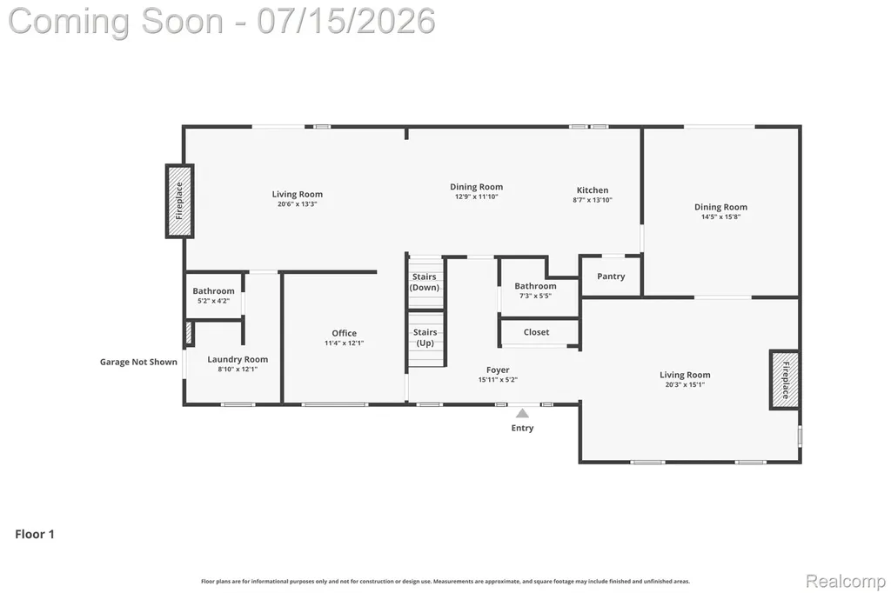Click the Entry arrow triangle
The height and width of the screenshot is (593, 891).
522,413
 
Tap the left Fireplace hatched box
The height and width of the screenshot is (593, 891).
179,201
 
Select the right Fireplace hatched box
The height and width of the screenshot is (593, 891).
785,379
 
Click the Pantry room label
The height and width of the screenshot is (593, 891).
611,276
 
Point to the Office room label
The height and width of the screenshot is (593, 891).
345,333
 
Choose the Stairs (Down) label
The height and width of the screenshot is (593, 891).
425,282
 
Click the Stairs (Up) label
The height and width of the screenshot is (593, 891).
425,337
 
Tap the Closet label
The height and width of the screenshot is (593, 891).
536,332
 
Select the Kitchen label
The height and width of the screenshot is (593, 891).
593,190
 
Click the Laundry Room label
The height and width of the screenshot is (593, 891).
238,360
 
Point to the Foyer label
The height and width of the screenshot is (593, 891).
498,370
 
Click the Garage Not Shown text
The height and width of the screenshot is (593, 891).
138,362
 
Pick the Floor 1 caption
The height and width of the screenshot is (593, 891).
35,534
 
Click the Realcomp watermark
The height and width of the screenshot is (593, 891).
846,581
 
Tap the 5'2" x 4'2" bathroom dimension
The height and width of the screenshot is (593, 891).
214,301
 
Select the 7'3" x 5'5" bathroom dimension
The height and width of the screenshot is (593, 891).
535,296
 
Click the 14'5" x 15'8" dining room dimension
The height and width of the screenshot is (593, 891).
720,217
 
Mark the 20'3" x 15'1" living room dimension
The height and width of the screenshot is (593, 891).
685,384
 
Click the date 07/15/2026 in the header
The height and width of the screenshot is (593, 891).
346,21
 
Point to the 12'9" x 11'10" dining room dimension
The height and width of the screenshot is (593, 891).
476,197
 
